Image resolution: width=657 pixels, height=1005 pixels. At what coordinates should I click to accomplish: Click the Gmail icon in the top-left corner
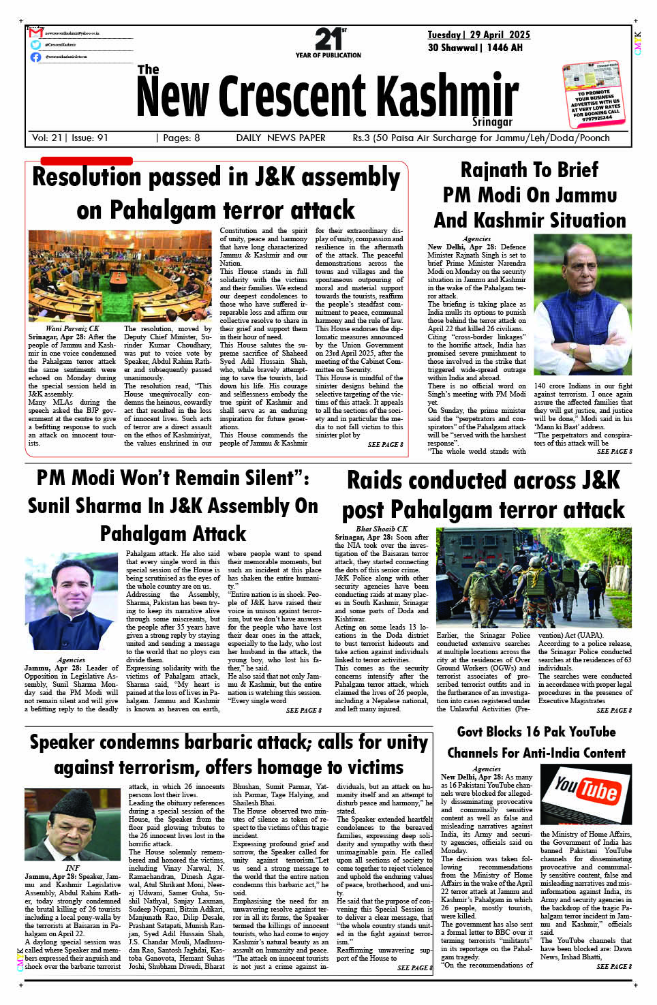(x=36, y=33)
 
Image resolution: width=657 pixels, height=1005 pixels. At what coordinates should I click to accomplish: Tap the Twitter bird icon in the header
(x=36, y=45)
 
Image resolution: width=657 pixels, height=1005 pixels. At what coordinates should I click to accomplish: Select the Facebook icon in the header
(x=36, y=57)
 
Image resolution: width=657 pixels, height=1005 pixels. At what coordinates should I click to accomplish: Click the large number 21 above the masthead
(x=329, y=39)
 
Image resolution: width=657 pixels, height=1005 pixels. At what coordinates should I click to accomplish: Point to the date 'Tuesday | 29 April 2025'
(x=478, y=35)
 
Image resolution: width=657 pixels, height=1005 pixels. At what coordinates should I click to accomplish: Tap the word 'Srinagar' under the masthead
(x=492, y=122)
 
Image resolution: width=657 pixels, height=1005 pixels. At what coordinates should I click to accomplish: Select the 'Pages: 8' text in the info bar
(x=181, y=138)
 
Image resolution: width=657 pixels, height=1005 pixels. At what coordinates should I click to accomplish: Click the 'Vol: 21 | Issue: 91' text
(x=70, y=138)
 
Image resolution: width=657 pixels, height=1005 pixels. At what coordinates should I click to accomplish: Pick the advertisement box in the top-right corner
(x=593, y=93)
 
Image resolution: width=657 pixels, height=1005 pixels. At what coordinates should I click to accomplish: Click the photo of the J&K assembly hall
(x=120, y=275)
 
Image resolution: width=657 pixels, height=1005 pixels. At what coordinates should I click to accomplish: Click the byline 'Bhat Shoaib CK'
(x=381, y=529)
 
